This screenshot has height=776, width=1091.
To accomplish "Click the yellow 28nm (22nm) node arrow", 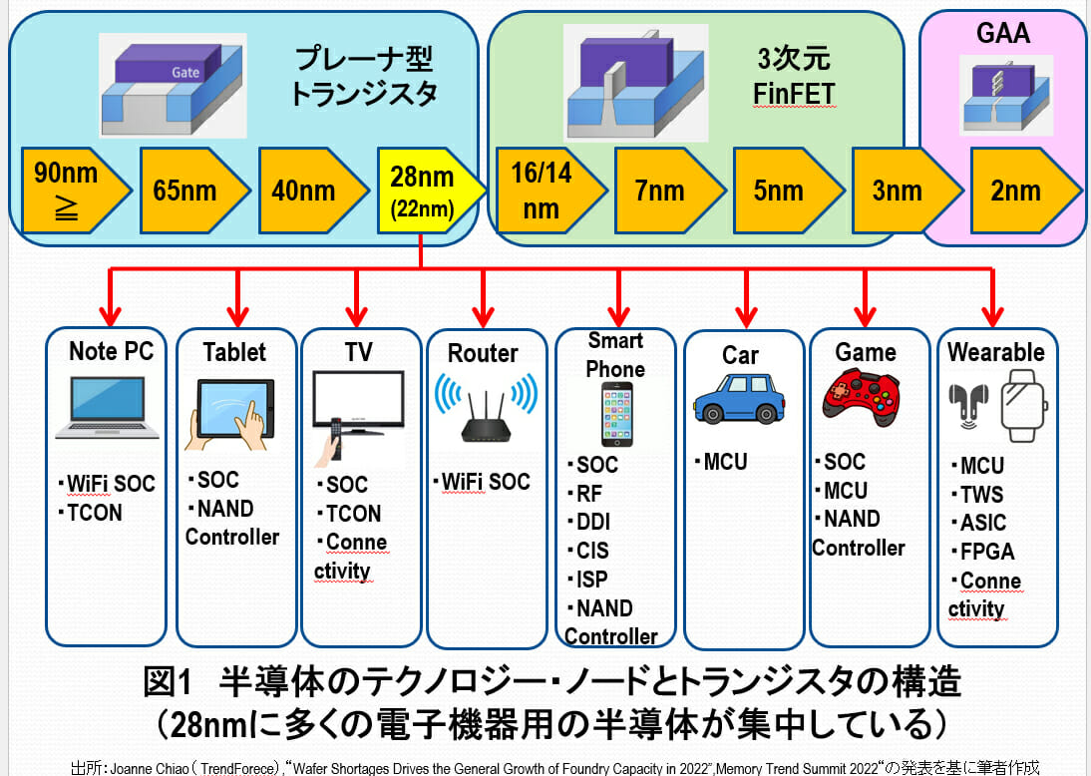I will [424, 190].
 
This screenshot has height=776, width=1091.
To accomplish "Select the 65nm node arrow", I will [187, 190].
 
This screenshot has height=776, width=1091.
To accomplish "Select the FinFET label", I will [794, 95].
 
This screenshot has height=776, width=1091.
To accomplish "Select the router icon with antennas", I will [485, 408].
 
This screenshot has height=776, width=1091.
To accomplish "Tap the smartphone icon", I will [614, 414].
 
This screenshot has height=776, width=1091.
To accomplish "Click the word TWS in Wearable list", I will [983, 495].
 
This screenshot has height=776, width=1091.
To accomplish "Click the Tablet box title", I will [234, 352].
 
